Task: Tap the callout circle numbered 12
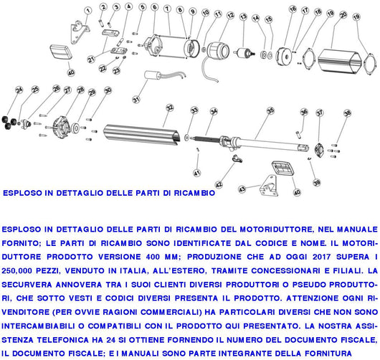click(229, 14)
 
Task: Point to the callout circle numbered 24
click(19, 90)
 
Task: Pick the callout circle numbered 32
click(169, 108)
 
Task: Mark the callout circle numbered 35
click(270, 110)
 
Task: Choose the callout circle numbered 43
click(242, 189)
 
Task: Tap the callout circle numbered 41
click(196, 173)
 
